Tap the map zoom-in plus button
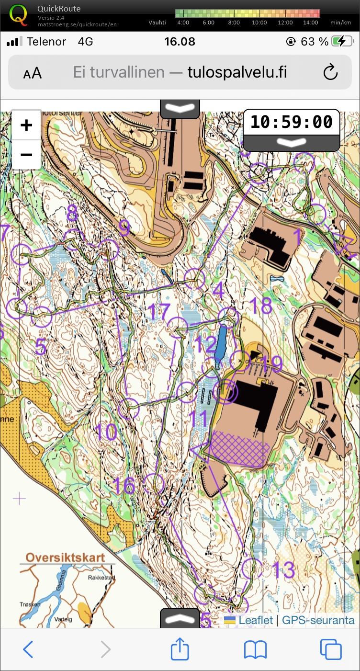point(26,125)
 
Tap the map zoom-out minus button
point(26,155)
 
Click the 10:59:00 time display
point(291,122)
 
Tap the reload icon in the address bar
point(330,72)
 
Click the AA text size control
point(32,73)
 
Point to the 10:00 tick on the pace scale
point(259,22)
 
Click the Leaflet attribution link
point(255,620)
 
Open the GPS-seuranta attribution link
point(318,620)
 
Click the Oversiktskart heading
point(65,558)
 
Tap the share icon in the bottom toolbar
point(180,650)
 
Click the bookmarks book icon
point(255,650)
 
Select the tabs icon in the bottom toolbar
point(330,650)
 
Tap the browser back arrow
point(28,650)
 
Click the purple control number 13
point(282,569)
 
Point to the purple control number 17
point(159,312)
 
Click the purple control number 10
point(106,432)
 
